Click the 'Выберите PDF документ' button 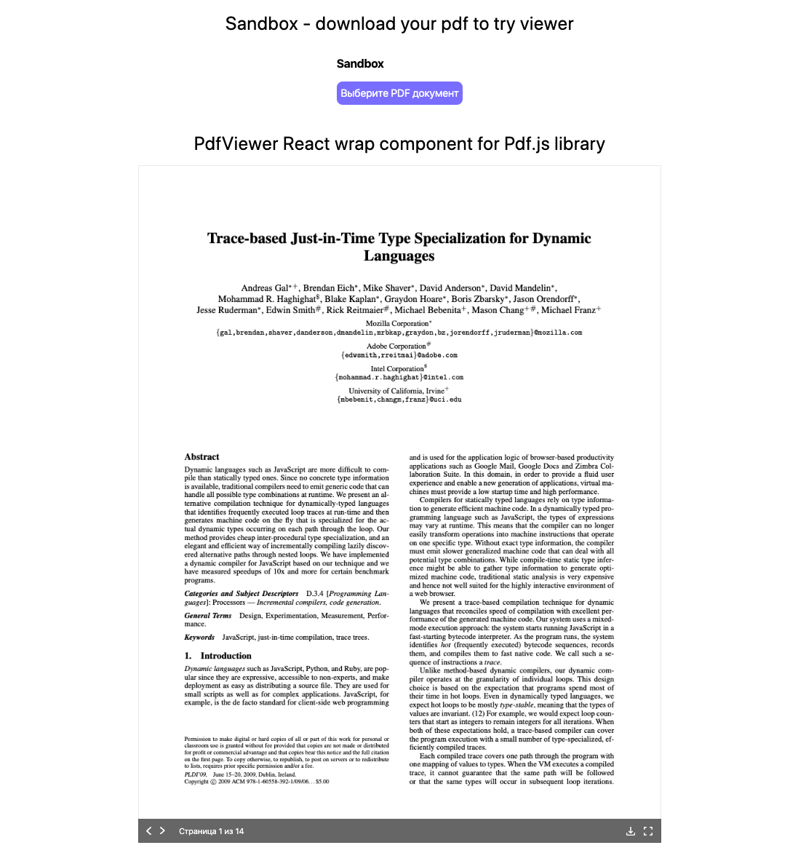pos(399,93)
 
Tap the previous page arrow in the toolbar pos(149,830)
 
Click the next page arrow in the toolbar pos(163,830)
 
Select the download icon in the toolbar pos(631,831)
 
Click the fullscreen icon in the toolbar pos(648,831)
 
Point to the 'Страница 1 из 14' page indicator pos(211,831)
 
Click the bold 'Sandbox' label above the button pos(360,64)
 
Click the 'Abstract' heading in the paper pos(202,457)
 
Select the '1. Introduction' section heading pos(218,656)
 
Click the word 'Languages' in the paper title pos(399,256)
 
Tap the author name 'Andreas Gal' pos(266,288)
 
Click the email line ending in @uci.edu pos(399,400)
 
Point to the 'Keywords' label pos(199,638)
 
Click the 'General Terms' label pos(208,616)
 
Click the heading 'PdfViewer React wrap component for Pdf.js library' pos(399,143)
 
